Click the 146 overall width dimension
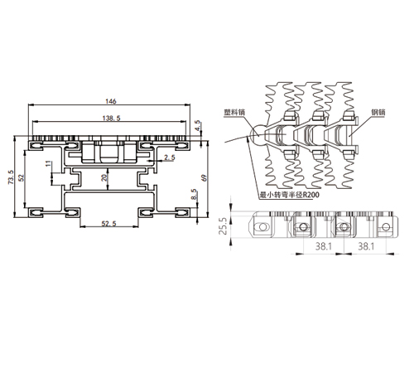(x=111, y=101)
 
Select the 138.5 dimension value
(x=112, y=119)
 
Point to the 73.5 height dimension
(x=11, y=177)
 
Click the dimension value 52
(x=22, y=177)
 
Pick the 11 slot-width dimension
(x=48, y=163)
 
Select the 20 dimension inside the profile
(x=104, y=177)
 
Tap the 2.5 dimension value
(x=170, y=157)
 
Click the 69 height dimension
(x=205, y=177)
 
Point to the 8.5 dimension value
(x=194, y=194)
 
